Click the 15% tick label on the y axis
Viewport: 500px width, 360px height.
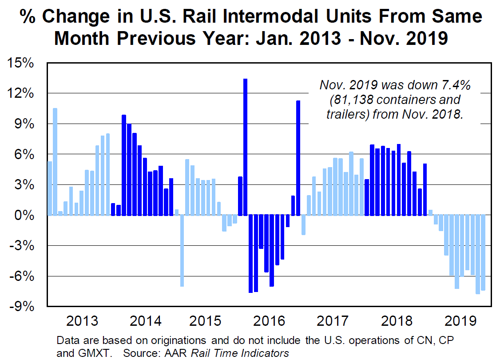pyautogui.click(x=22, y=63)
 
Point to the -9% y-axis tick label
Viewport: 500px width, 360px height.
pyautogui.click(x=22, y=307)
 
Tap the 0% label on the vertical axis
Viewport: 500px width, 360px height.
pyautogui.click(x=26, y=216)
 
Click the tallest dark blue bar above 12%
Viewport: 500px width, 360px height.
pyautogui.click(x=245, y=147)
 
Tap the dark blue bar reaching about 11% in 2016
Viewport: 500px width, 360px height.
pyautogui.click(x=298, y=158)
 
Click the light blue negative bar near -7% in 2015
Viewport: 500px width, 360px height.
pyautogui.click(x=182, y=251)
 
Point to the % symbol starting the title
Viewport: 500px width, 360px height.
pyautogui.click(x=28, y=17)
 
